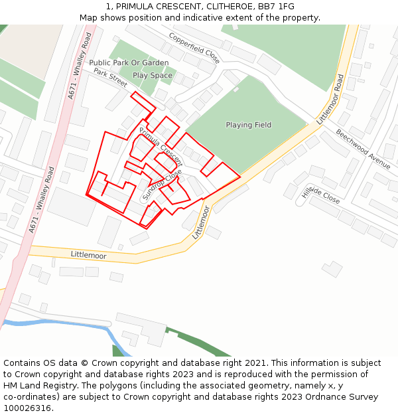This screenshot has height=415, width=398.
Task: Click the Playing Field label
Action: coord(248,125)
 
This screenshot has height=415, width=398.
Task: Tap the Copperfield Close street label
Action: coord(194,48)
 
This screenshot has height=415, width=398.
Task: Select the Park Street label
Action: coord(110,78)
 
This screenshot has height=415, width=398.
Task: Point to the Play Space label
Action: coord(152,76)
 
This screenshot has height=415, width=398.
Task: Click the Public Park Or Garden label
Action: coord(129,62)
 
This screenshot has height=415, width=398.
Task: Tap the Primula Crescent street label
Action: coord(161,146)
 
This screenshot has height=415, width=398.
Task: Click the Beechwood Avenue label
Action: coord(363,149)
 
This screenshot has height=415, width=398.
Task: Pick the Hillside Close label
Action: coord(320,195)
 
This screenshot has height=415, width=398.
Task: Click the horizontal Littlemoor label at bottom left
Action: coord(88,255)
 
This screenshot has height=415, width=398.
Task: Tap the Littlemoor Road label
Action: coord(330,100)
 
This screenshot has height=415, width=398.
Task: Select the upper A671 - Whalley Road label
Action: coord(79,66)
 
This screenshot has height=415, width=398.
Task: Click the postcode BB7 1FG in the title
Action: coord(278,6)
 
